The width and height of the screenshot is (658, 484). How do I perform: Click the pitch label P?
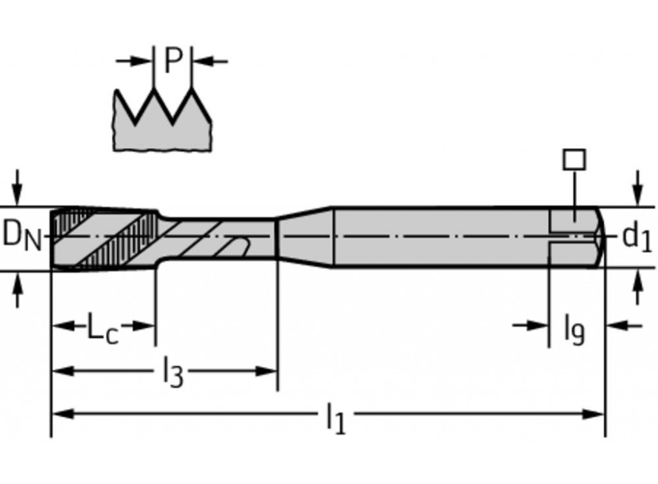[173, 60]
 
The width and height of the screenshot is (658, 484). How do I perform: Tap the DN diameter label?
[22, 237]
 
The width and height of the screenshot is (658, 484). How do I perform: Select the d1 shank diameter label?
[636, 237]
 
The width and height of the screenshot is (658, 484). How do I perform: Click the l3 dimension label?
[173, 373]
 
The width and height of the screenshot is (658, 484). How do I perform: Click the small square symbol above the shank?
[574, 160]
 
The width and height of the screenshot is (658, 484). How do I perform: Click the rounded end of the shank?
[601, 237]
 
